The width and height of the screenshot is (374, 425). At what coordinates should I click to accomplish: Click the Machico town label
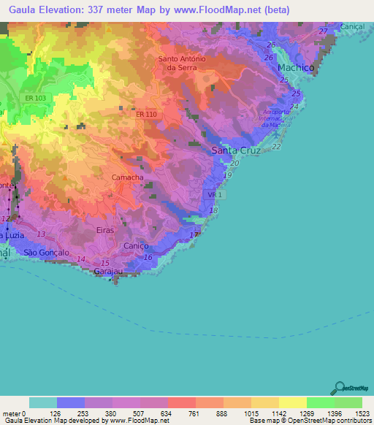point(296,67)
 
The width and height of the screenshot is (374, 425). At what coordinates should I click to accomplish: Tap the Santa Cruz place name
point(234,150)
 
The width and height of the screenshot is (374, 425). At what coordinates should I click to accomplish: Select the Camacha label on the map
point(127,177)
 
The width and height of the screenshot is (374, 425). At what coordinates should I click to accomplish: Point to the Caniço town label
point(136,247)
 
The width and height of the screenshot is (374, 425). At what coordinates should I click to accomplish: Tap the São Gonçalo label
point(46,252)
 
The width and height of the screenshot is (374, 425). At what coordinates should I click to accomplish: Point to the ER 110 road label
point(147,113)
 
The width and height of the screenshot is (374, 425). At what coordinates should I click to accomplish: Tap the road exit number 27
point(324,31)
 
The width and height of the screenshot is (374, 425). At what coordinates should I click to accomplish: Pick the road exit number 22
point(277,147)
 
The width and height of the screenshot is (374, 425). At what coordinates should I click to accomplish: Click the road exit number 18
point(213,210)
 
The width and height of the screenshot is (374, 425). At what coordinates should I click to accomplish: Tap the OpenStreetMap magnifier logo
point(340,388)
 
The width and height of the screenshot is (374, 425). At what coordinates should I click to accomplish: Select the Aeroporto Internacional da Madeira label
point(276,118)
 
